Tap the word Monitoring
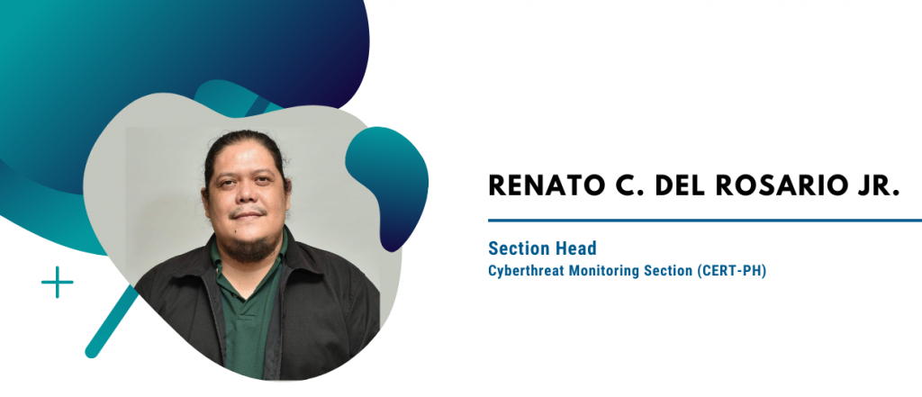tap(592, 273)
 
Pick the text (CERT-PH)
tap(731, 273)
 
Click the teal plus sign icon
tap(57, 283)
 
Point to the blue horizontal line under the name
tap(705, 221)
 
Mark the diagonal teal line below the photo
tap(113, 321)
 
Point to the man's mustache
tap(249, 213)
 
